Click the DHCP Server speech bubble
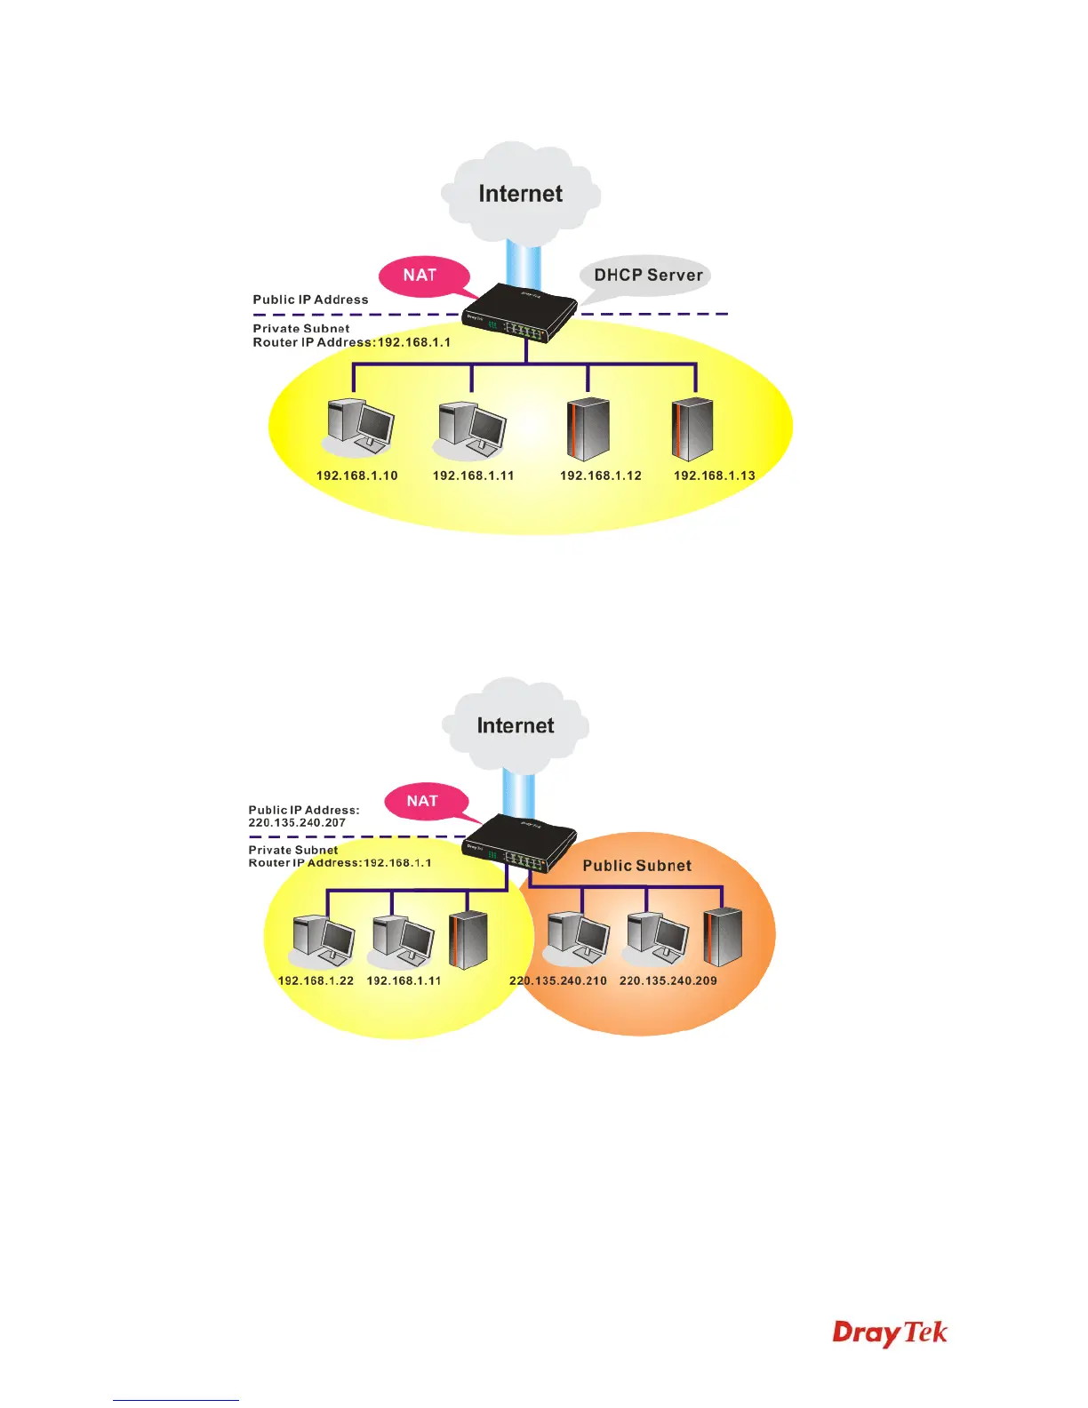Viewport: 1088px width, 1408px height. coord(647,276)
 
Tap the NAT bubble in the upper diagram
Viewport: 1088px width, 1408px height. coord(420,276)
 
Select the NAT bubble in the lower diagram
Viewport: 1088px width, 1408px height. coord(423,801)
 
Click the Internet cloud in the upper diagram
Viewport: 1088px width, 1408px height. coord(521,194)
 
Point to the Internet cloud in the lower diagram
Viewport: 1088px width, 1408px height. coord(516,725)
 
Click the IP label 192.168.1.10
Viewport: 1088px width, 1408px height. coord(357,476)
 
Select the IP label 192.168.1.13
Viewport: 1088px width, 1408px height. coord(715,476)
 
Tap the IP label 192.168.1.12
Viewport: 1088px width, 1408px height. coord(601,476)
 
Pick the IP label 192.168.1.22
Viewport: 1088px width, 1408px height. coord(316,980)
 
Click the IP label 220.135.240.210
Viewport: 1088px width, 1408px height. coord(558,980)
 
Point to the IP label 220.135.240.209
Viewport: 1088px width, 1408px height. coord(668,980)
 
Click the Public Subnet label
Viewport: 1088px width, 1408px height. coord(637,866)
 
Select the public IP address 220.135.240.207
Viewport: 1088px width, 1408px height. coord(297,823)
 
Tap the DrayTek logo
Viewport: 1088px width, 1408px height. coord(890,1333)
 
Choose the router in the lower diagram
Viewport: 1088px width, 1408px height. coord(520,844)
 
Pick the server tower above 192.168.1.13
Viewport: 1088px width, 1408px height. coord(693,428)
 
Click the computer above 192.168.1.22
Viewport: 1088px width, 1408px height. coord(324,940)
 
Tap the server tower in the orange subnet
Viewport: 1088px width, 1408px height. coord(723,937)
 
